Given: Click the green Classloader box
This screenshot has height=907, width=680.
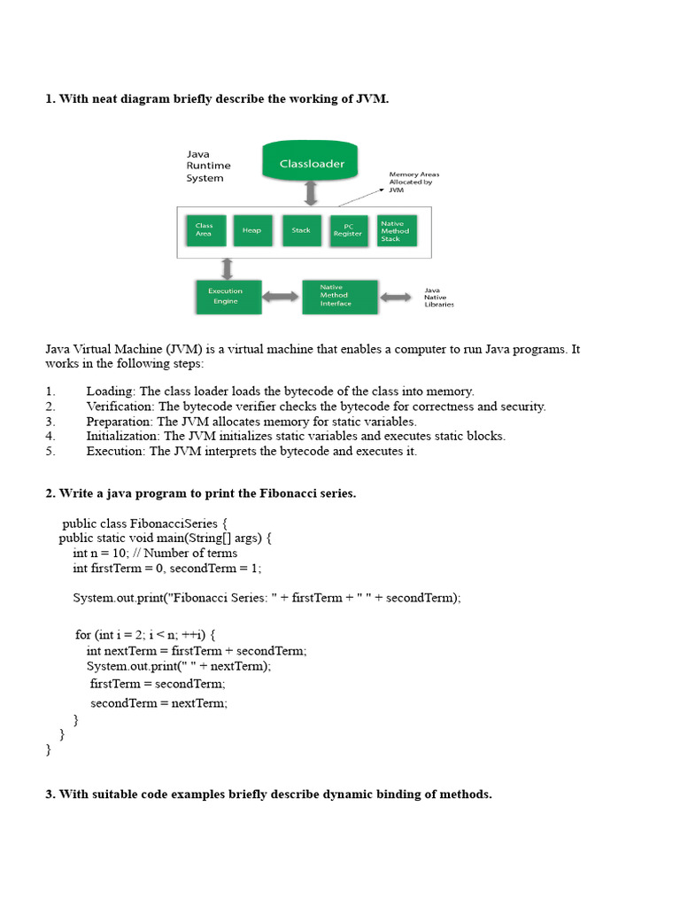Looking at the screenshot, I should [312, 164].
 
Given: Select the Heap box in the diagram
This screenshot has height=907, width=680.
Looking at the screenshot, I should [251, 230].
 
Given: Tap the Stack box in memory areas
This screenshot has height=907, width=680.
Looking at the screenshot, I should [301, 230].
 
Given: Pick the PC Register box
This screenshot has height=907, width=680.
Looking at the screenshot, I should [348, 230].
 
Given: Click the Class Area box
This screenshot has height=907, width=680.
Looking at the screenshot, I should [205, 230].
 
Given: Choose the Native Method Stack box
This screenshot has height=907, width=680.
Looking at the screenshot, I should [396, 230].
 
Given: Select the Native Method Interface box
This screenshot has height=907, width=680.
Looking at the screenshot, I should [338, 296].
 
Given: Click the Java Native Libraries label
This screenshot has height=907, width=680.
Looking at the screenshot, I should [439, 297].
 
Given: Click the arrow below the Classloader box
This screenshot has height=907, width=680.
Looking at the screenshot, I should [311, 194].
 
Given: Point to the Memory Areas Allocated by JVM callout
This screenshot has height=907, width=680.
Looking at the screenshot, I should [413, 182].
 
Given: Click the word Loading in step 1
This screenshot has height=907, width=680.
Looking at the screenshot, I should [111, 391].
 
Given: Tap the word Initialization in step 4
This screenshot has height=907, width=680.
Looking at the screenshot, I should [121, 436].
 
